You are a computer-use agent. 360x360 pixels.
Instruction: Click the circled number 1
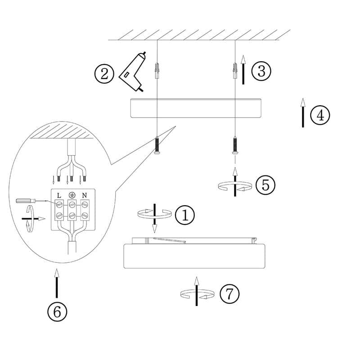pos(185,215)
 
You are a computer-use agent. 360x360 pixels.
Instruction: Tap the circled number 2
pos(104,74)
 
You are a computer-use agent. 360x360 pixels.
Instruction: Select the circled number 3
pos(261,71)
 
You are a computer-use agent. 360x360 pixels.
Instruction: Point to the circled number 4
pos(320,115)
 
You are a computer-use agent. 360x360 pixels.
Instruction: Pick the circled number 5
pos(265,185)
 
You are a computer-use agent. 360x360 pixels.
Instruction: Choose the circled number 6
pos(57,312)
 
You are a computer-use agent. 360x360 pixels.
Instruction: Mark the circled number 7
pos(229,294)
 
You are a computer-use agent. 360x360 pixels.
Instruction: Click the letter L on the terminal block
pos(59,196)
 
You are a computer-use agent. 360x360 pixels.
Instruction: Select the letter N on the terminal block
pos(85,195)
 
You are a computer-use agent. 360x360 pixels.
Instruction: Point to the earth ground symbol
pos(72,195)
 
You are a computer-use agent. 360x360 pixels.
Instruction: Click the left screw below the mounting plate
pos(157,145)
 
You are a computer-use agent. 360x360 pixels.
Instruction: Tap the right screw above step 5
pos(235,145)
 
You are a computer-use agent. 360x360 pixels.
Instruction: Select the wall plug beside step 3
pos(235,71)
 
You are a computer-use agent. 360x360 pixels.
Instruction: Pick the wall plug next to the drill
pos(157,71)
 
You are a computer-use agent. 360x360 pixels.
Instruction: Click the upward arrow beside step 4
pos(303,113)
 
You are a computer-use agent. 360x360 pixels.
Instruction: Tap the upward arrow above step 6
pos(57,283)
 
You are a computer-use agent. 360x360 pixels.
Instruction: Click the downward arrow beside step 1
pos(155,218)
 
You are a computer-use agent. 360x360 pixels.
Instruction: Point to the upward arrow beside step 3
pos(243,70)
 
